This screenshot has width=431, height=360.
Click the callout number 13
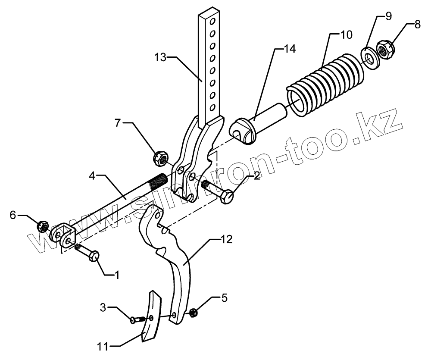pos(160,57)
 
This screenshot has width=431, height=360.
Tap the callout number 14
pos(289,49)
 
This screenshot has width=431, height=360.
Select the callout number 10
pos(345,34)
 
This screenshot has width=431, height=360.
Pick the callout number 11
pos(104,345)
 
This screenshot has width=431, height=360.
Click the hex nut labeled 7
pos(160,158)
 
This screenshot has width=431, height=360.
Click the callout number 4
pos(92,176)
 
